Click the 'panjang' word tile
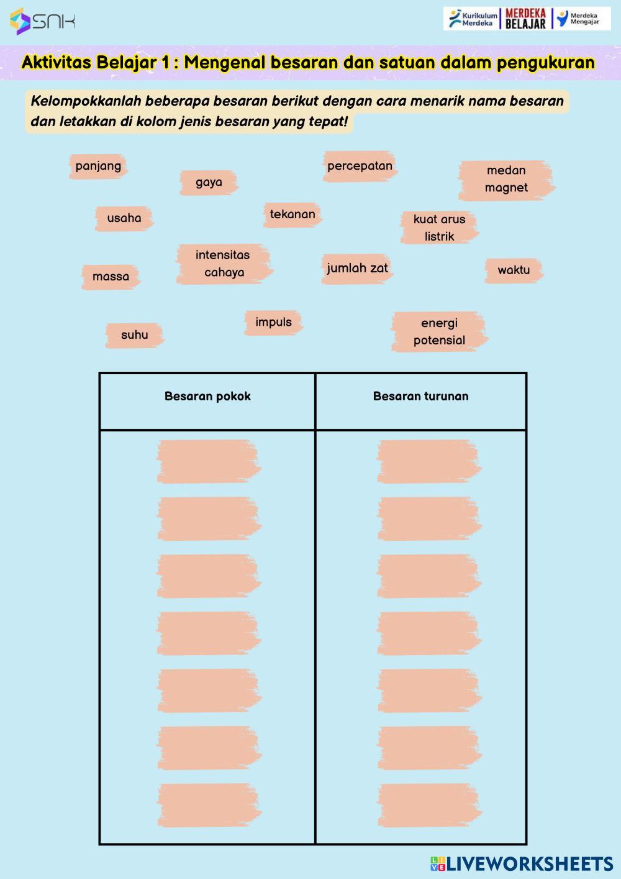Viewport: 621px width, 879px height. pos(98,166)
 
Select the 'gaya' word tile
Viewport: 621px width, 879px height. pos(209,182)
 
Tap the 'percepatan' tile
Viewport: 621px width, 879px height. pos(360,166)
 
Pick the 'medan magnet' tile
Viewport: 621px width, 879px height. pos(505,179)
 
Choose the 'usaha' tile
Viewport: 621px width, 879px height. pos(124,218)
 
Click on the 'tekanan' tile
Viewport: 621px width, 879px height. pos(292,214)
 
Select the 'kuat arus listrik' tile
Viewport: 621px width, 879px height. pos(439,228)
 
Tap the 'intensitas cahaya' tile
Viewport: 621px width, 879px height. pos(224,264)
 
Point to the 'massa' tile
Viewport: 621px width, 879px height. pos(111,277)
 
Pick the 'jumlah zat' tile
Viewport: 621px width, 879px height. pos(357,269)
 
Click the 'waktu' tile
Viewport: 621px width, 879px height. pos(514,270)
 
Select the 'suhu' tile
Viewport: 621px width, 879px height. pos(134,335)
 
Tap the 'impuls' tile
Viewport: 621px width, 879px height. pos(273,323)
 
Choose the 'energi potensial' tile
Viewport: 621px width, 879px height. pos(439,331)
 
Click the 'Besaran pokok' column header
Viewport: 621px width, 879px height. pos(207,397)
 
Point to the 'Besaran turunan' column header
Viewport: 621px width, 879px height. pos(420,397)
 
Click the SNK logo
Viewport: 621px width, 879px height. pos(42,22)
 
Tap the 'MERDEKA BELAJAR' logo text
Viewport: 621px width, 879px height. pos(525,19)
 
